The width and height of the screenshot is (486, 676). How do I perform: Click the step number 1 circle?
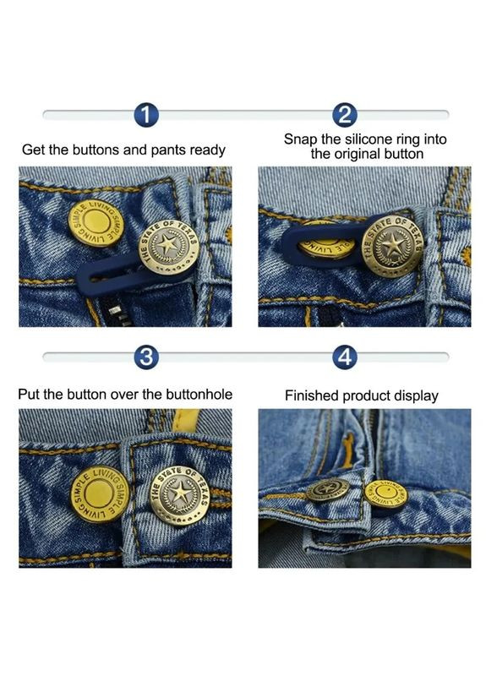point(146,115)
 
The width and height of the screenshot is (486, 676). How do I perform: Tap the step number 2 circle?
point(345,115)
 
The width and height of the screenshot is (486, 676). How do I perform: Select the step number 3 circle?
point(146,357)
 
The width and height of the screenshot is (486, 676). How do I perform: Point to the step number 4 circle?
point(345,357)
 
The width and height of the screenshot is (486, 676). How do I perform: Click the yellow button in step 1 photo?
point(96,223)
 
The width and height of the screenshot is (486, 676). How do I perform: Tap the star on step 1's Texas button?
point(167,245)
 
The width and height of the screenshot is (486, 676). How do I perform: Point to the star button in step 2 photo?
point(392,246)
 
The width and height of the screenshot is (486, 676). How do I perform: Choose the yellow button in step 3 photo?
point(99,494)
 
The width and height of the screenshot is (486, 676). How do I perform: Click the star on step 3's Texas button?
point(180,493)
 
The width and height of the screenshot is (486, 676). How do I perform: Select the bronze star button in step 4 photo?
point(328,490)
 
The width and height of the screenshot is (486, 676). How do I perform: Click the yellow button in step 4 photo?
point(385,493)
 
